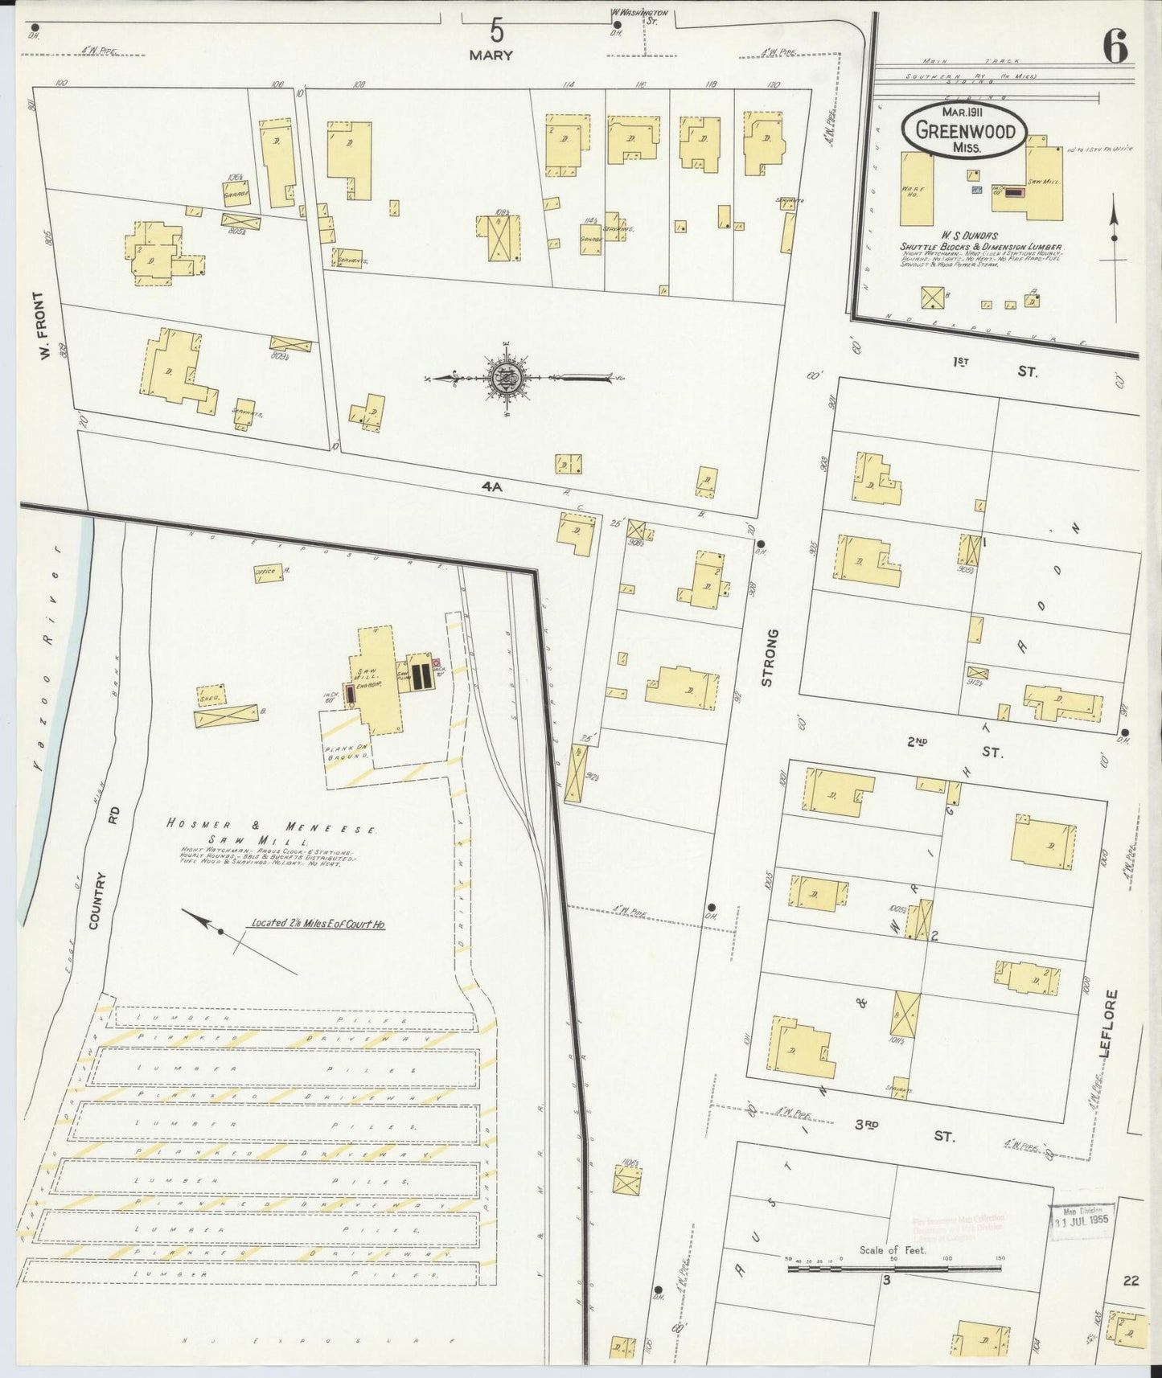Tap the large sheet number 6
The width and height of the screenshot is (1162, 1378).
(1115, 46)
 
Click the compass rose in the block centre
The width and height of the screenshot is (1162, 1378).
(507, 377)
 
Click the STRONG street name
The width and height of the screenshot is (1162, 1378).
(767, 658)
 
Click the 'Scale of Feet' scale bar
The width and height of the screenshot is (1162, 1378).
(893, 1268)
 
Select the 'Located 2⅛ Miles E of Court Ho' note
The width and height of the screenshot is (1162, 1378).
(318, 924)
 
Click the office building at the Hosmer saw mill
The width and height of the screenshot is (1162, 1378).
(265, 572)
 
